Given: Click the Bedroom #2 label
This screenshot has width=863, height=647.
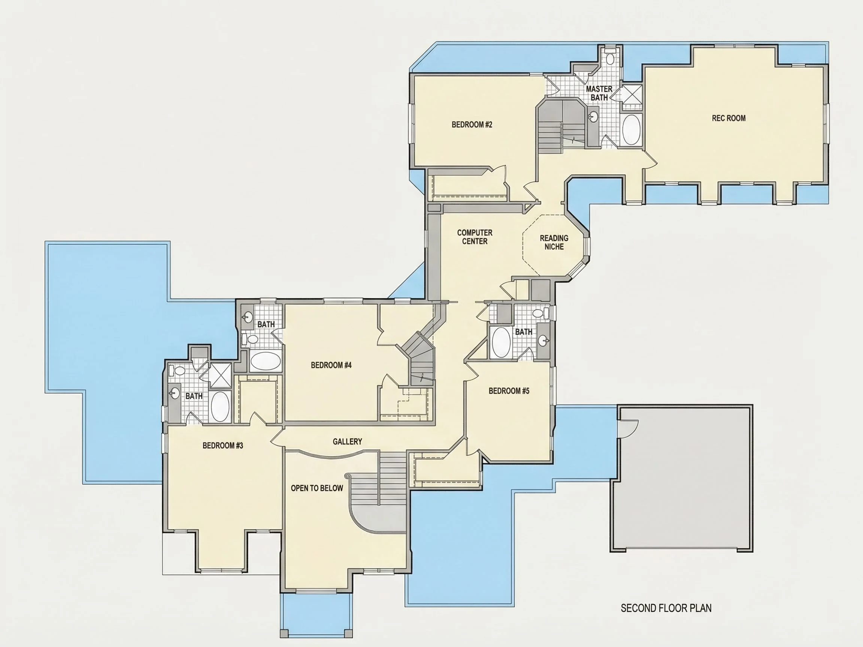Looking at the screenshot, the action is [472, 125].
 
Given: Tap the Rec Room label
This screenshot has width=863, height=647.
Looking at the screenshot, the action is [729, 118].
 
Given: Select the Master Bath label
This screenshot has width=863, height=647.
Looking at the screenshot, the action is [599, 93].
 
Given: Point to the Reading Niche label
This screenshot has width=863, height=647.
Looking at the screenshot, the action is [554, 242].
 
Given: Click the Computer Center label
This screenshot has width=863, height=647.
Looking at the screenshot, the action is [475, 237].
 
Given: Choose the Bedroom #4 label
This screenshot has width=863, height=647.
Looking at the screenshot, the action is [331, 365].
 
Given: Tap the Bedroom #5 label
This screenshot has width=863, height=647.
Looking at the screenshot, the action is [509, 391].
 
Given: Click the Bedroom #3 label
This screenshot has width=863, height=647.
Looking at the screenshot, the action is [223, 445].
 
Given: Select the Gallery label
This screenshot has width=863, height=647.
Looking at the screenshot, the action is [347, 441].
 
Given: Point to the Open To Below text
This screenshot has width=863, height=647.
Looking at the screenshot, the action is [317, 488].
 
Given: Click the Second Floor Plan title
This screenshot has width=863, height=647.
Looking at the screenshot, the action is [666, 608].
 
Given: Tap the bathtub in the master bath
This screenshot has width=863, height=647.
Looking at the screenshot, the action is [631, 130].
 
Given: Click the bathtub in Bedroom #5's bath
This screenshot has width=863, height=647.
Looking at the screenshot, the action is [501, 343].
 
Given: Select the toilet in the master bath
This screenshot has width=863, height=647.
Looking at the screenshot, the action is [611, 57].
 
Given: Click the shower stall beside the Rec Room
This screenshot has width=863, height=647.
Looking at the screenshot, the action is [631, 95].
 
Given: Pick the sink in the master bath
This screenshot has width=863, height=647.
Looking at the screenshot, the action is [593, 116].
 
